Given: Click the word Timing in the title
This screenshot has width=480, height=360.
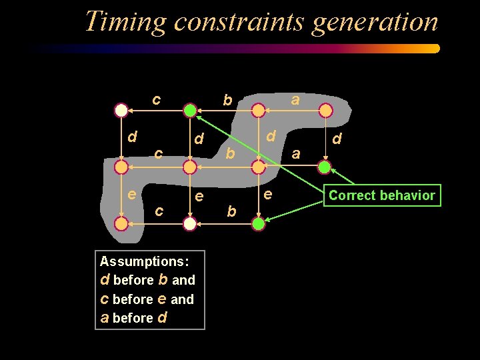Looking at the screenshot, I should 125,22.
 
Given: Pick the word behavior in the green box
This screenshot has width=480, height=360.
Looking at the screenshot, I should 408,195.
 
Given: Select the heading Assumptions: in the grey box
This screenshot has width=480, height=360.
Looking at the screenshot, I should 143,261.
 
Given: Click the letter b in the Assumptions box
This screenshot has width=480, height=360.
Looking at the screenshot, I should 163,279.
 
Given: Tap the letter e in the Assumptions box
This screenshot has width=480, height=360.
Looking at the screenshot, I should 162,299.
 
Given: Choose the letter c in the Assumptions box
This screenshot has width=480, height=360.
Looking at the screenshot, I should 105,299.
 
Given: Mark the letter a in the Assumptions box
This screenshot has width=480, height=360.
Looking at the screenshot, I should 105,318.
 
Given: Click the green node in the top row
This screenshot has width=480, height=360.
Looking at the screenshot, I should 190,110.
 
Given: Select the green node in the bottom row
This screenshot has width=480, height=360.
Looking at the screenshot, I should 259,224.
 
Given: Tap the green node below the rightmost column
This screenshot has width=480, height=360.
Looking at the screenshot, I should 324,166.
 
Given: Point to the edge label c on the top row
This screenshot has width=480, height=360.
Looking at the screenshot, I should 155,100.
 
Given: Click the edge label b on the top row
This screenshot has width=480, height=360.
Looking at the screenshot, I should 227,101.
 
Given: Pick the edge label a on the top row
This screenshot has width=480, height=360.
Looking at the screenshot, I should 295,99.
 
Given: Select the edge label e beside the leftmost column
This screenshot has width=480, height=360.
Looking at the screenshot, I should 132,195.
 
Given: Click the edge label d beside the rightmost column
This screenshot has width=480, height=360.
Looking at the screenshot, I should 337,139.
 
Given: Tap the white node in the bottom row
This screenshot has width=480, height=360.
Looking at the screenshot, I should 190,224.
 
